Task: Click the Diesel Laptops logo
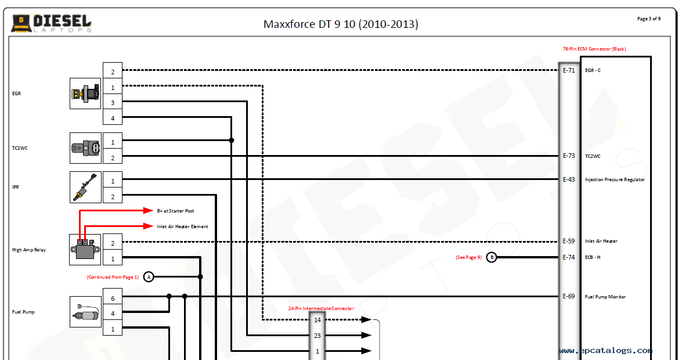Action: click(51, 23)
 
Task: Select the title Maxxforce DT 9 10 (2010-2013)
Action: click(341, 24)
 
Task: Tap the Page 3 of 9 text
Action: click(648, 19)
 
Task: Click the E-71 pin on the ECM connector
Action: click(569, 70)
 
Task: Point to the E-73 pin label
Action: click(569, 156)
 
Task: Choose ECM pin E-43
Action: click(569, 179)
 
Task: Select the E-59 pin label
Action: click(569, 241)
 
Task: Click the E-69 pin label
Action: click(569, 297)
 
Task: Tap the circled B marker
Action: click(492, 257)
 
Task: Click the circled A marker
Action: click(149, 277)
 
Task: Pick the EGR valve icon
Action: click(85, 93)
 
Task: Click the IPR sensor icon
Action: click(85, 187)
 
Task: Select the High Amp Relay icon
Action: click(85, 250)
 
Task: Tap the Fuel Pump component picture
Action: click(85, 312)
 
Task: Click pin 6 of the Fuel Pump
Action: click(113, 298)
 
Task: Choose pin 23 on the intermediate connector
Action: click(317, 336)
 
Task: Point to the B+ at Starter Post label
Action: click(175, 211)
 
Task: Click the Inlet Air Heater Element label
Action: click(183, 226)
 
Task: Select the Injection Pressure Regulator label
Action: click(615, 180)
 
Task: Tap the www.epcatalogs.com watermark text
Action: click(605, 351)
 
